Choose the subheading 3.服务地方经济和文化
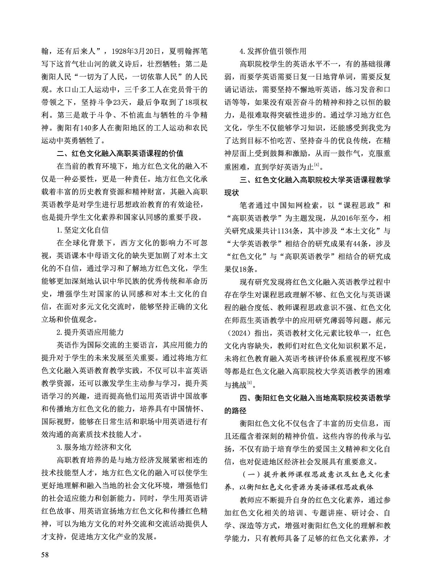(x=94, y=447)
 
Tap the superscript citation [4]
(x=317, y=166)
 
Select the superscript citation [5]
(x=249, y=383)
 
